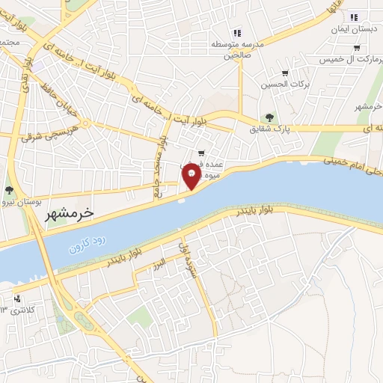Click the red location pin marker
click(192, 177)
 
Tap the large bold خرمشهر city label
click(65, 213)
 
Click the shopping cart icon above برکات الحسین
click(284, 73)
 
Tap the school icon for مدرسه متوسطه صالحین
click(237, 32)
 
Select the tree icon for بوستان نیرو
click(9, 190)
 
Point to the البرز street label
click(155, 268)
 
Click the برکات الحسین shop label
click(282, 86)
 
